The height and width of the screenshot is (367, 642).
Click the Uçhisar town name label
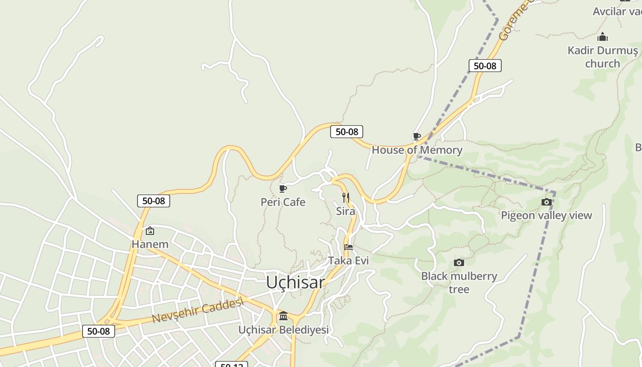pyautogui.click(x=295, y=283)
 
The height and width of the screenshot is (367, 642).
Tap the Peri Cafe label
pyautogui.click(x=283, y=202)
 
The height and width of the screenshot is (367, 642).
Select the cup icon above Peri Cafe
pyautogui.click(x=283, y=189)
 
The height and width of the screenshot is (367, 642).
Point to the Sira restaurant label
pyautogui.click(x=346, y=211)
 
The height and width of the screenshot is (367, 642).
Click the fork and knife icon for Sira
pyautogui.click(x=346, y=198)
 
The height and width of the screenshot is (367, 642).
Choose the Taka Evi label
pyautogui.click(x=349, y=261)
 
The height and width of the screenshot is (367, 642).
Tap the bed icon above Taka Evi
pyautogui.click(x=349, y=247)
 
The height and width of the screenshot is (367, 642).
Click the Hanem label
pyautogui.click(x=150, y=245)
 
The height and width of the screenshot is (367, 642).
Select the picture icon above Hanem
pyautogui.click(x=149, y=231)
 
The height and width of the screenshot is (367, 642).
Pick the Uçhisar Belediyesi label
pyautogui.click(x=283, y=330)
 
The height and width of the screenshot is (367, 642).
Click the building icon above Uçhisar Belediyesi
pyautogui.click(x=283, y=316)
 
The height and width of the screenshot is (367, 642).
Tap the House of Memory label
pyautogui.click(x=417, y=150)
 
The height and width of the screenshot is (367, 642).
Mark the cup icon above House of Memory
pyautogui.click(x=417, y=137)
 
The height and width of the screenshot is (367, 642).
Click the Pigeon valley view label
pyautogui.click(x=546, y=216)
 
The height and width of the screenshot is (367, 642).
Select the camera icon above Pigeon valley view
pyautogui.click(x=546, y=202)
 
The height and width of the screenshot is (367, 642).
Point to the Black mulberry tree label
pyautogui.click(x=459, y=283)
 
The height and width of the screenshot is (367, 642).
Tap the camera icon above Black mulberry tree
pyautogui.click(x=459, y=263)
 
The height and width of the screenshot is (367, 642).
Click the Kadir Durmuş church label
pyautogui.click(x=603, y=57)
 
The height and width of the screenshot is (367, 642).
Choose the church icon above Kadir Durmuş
pyautogui.click(x=603, y=37)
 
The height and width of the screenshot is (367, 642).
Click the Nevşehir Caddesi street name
pyautogui.click(x=197, y=311)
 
